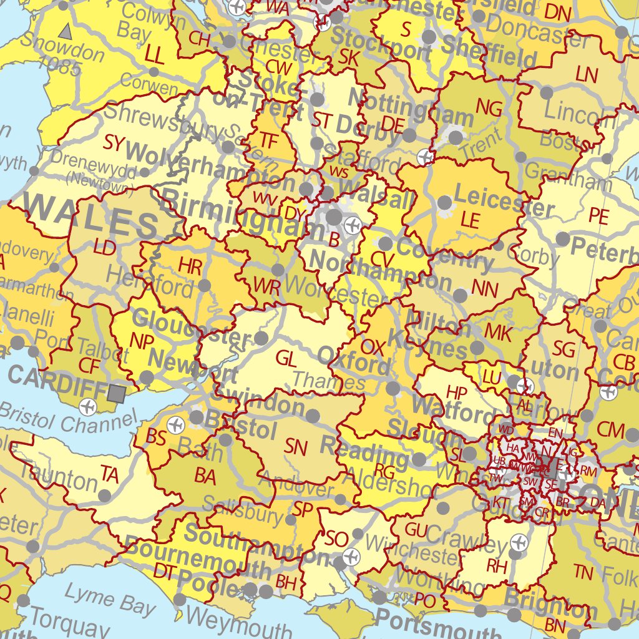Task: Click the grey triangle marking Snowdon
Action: pos(65,30)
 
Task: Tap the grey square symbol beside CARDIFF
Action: pos(116,393)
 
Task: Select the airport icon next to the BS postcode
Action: pos(176,425)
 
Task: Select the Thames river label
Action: pos(319,380)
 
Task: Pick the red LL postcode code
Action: pos(154,56)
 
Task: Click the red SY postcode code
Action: pos(115,143)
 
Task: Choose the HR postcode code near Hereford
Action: pos(190,266)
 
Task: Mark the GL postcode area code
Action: pos(286,358)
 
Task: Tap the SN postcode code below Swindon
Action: pos(296,446)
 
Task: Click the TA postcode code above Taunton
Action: pos(109,474)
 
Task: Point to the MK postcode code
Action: pos(497,333)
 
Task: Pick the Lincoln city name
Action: pos(579,114)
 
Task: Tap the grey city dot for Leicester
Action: pos(444,203)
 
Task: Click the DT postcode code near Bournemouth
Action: pos(165,570)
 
